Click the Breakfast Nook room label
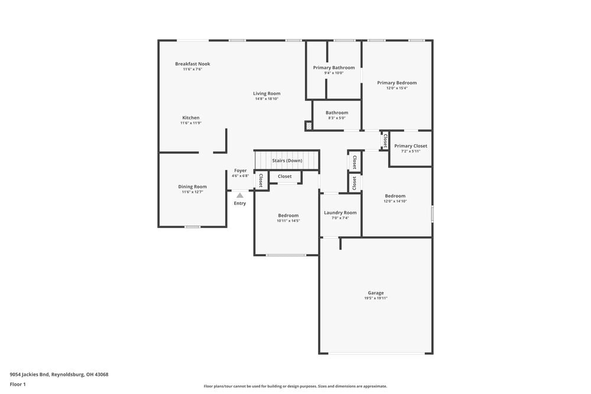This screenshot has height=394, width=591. [x=192, y=64]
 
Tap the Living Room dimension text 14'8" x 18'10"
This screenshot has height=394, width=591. [x=267, y=99]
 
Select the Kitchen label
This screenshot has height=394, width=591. [x=190, y=118]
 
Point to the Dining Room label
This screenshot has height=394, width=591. [x=192, y=187]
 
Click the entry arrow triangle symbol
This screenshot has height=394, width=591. [x=239, y=194]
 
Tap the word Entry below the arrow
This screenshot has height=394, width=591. [x=239, y=203]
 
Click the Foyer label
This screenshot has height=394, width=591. [x=240, y=171]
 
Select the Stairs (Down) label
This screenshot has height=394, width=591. [x=287, y=161]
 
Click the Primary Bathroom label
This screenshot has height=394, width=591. [x=334, y=67]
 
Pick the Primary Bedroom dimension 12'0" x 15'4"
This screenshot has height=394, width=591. [x=397, y=88]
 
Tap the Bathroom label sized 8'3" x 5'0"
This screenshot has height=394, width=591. [x=336, y=112]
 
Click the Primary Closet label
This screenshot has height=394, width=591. [x=410, y=146]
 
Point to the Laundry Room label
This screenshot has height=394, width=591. [x=340, y=213]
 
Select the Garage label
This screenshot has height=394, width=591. [x=375, y=293]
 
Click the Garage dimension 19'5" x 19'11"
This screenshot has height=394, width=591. [x=375, y=298]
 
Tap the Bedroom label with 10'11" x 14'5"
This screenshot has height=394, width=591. [x=288, y=216]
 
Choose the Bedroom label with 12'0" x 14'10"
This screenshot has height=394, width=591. [x=395, y=196]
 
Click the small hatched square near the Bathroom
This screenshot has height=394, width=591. [x=309, y=126]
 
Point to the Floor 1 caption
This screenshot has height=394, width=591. [x=18, y=384]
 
